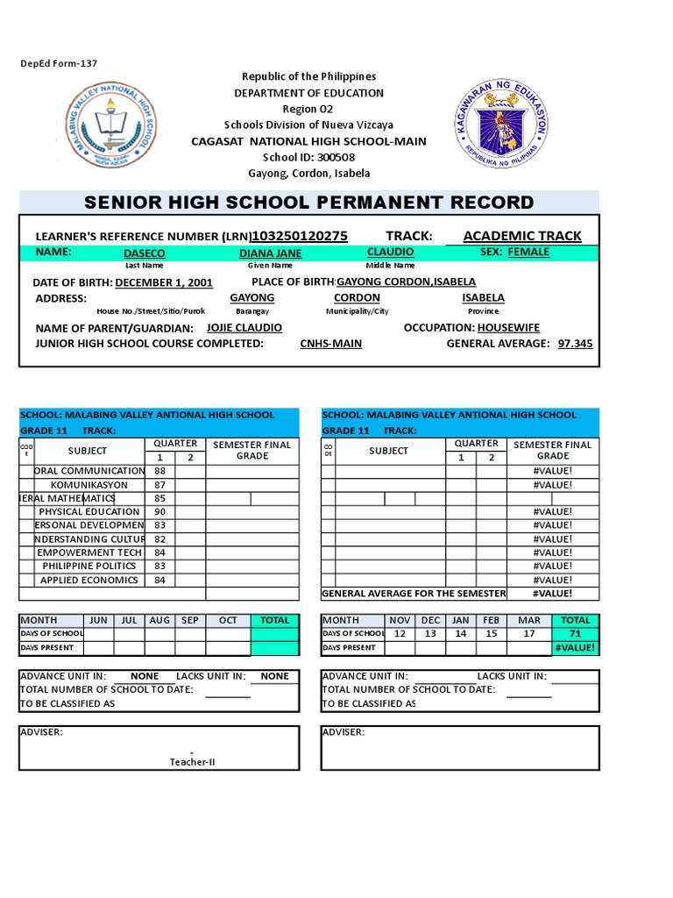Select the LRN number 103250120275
click(300, 236)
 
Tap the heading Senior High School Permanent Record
click(308, 203)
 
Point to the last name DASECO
click(145, 253)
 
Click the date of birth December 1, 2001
click(164, 282)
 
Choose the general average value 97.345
click(575, 344)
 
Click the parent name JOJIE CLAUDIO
click(244, 327)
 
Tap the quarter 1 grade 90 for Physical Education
click(159, 511)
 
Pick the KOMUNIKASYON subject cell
click(89, 484)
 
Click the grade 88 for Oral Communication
click(159, 471)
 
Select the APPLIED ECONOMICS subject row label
click(89, 580)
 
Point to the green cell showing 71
click(575, 633)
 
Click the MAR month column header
click(528, 620)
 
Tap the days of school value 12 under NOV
click(400, 633)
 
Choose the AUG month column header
click(159, 620)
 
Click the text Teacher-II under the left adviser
click(192, 762)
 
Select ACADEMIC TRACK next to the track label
click(521, 236)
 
